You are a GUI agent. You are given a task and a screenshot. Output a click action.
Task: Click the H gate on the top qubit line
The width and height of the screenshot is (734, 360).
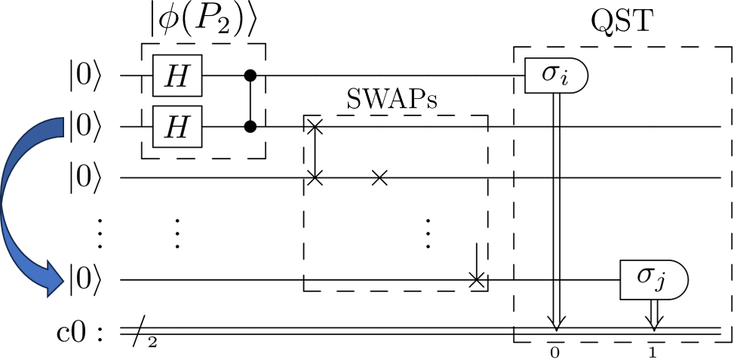[x=178, y=77]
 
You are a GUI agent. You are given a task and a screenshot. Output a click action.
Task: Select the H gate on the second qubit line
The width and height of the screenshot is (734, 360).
[x=178, y=126]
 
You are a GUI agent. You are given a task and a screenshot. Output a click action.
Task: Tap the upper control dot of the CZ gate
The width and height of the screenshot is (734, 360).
[x=250, y=77]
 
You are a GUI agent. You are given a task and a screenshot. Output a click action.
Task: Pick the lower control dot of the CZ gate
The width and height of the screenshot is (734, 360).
[x=250, y=126]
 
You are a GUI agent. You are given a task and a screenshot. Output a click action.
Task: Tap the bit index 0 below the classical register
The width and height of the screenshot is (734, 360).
[x=556, y=352]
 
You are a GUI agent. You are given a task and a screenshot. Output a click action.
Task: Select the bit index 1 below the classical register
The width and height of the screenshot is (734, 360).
[x=653, y=352]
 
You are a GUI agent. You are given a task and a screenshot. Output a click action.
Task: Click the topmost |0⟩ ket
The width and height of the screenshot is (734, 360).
[x=84, y=77]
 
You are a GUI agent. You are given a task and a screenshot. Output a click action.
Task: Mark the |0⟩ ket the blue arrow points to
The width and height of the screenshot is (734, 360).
[x=84, y=280]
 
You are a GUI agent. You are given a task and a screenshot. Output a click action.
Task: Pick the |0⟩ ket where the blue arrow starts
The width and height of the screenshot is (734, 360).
[x=84, y=126]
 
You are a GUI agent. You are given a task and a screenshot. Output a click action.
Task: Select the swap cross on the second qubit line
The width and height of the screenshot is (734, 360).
[x=316, y=126]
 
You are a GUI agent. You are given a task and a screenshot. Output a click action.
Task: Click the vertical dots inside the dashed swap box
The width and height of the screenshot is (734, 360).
[x=428, y=234]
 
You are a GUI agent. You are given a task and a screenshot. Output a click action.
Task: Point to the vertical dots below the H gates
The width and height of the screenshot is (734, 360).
[x=177, y=234]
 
